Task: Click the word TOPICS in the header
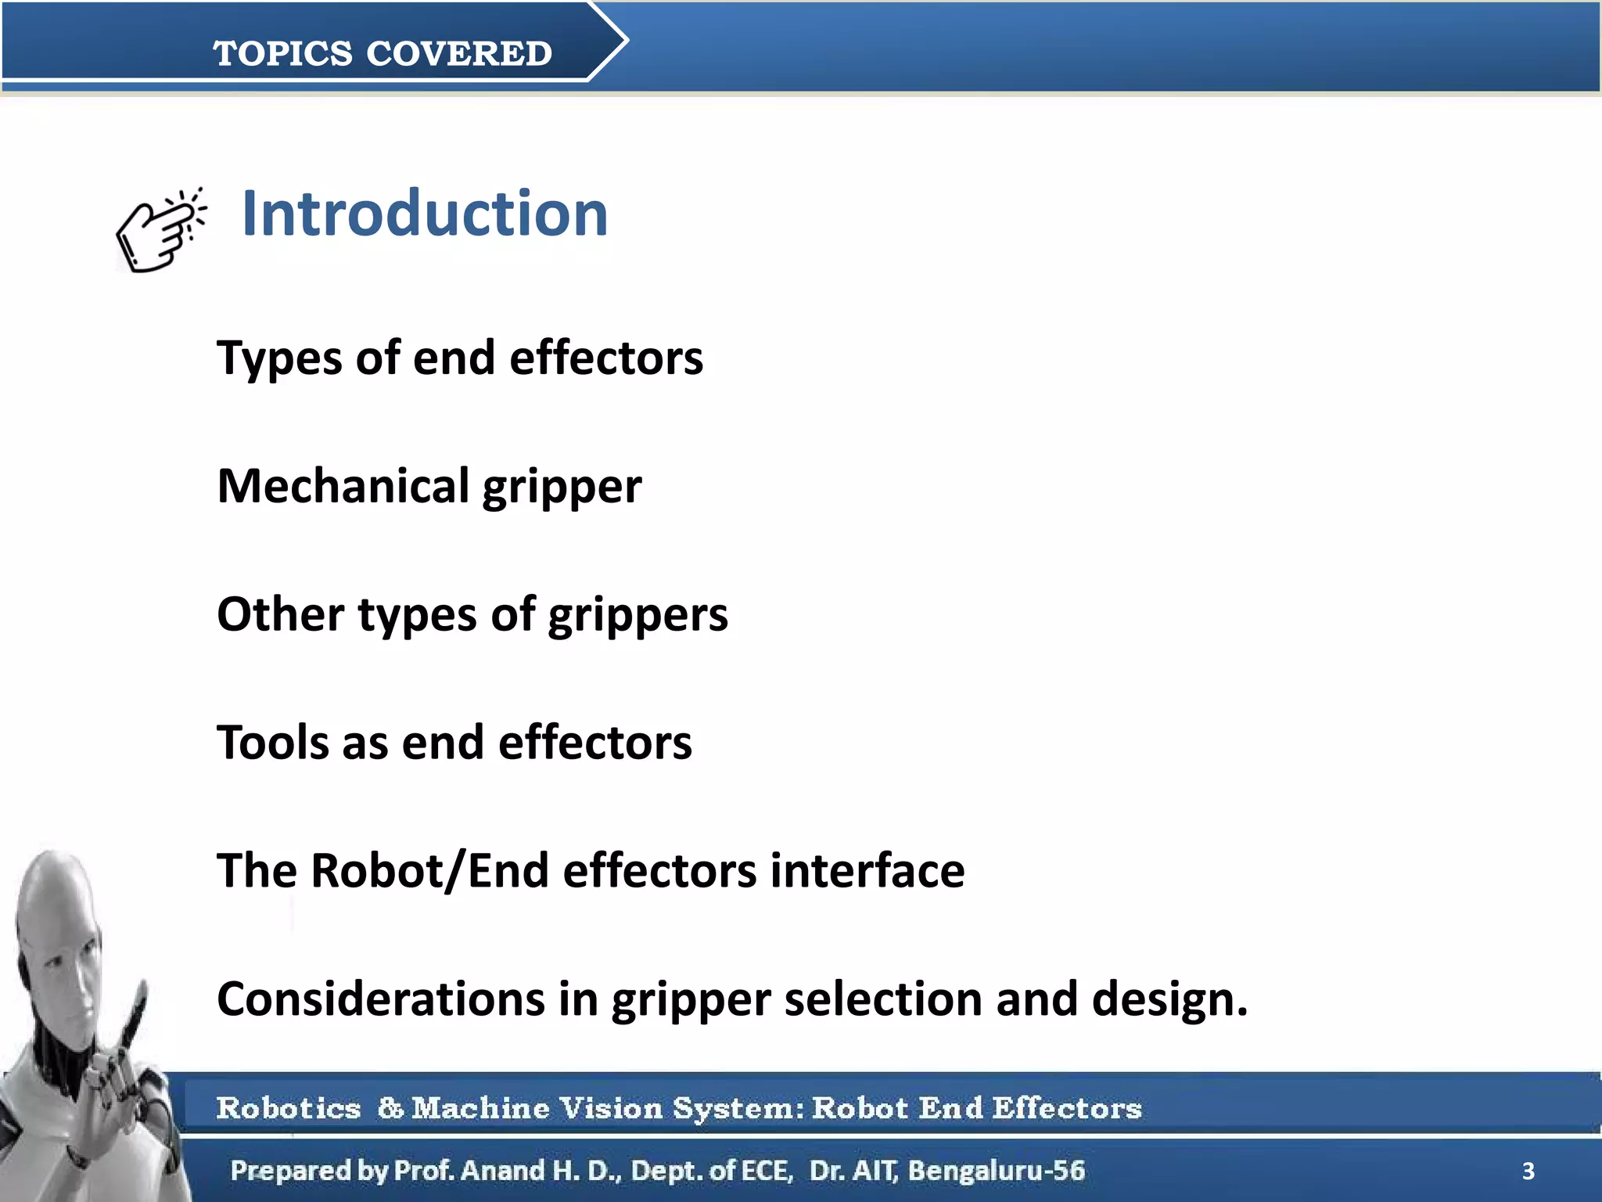click(282, 54)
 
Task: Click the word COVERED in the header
click(459, 54)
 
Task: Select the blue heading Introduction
click(425, 214)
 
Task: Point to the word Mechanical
click(343, 486)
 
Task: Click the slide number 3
click(1528, 1171)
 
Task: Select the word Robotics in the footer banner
click(289, 1108)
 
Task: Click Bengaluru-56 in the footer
click(996, 1171)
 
